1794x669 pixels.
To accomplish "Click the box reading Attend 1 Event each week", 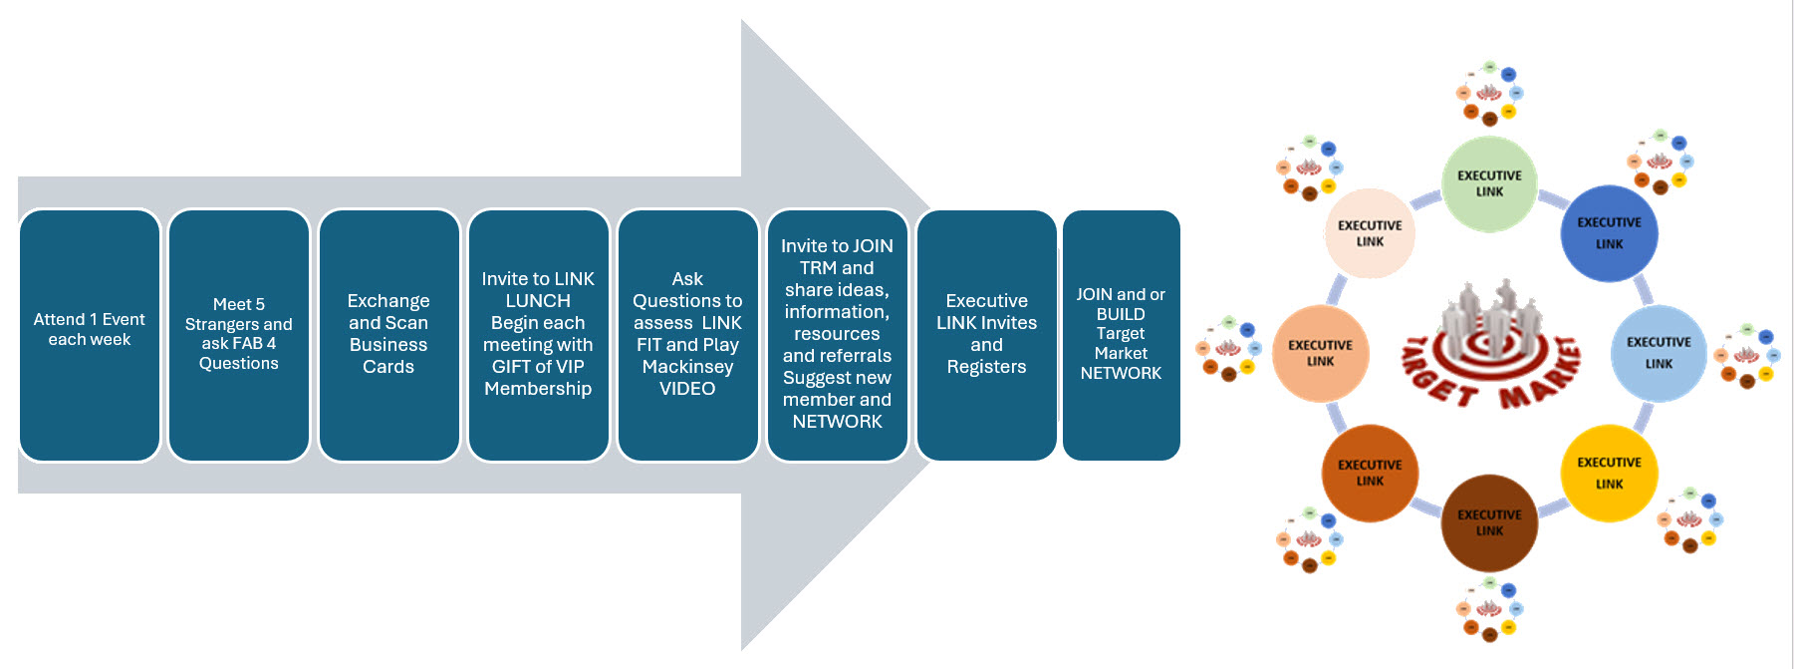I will [90, 335].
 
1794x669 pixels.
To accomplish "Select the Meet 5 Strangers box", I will [239, 335].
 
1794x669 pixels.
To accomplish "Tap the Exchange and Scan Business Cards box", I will [388, 335].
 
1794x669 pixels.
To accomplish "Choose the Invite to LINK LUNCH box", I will [538, 335].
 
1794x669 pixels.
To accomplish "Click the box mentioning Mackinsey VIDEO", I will [687, 335].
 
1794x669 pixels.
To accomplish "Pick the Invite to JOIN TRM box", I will [837, 335].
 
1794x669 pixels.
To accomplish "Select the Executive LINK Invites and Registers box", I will [986, 335].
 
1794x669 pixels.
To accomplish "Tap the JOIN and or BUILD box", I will [1121, 335].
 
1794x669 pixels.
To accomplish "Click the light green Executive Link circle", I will [1489, 184].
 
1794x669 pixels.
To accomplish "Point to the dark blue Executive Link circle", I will [1609, 233].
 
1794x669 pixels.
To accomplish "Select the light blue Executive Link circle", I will [1659, 353].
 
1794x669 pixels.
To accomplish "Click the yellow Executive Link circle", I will [1609, 473].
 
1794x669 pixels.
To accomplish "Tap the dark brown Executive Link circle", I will [1489, 522].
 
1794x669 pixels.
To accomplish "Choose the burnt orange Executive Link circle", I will [1370, 473].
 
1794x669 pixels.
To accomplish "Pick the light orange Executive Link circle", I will [1320, 353].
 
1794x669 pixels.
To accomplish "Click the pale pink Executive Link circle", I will [1370, 233].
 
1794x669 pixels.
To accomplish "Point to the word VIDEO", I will [687, 389].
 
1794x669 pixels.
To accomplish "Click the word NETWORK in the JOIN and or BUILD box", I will [1121, 373].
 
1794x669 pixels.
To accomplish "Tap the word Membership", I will [538, 389].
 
